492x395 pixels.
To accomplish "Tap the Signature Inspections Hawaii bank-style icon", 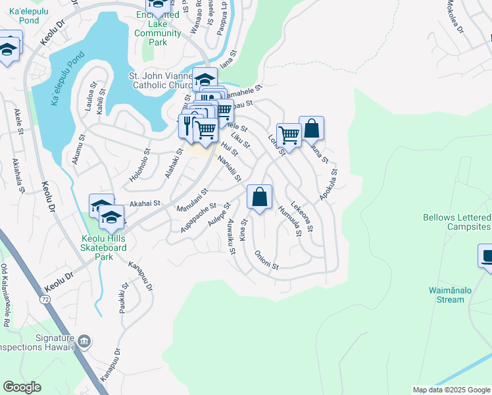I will (x=84, y=341).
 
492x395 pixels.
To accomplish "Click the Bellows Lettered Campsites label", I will (x=456, y=222).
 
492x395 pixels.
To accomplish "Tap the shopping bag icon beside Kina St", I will (x=260, y=197).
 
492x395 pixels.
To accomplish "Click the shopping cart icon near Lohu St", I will (x=288, y=135).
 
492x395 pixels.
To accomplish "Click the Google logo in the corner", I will (x=22, y=387).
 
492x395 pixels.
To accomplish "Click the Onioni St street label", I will (x=266, y=262).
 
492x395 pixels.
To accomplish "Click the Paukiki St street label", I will (x=123, y=296).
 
